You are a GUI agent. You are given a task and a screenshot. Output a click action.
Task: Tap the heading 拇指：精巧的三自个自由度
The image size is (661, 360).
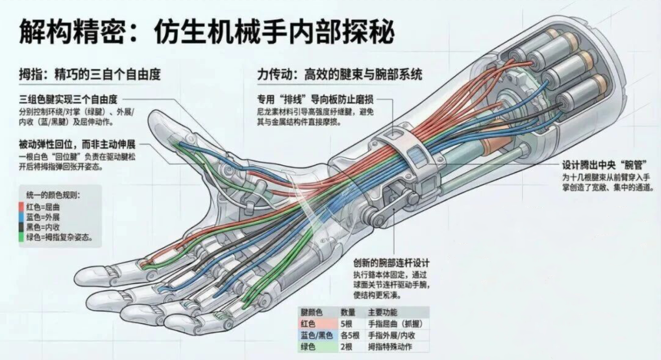90,75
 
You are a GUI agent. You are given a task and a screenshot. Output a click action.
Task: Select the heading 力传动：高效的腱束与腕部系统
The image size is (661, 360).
340,75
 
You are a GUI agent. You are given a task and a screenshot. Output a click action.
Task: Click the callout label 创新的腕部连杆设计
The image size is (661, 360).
391,263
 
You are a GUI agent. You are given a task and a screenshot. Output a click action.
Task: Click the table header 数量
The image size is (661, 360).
348,313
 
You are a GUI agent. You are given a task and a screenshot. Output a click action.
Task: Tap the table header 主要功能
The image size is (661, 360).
382,313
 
